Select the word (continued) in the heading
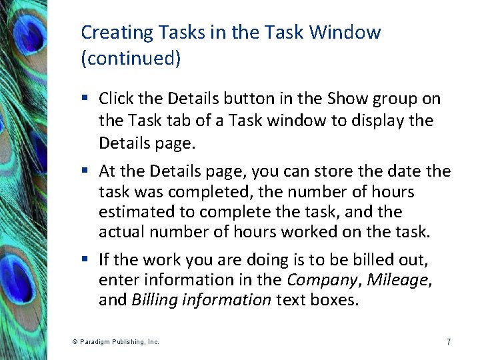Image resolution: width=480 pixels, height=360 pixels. pyautogui.click(x=131, y=59)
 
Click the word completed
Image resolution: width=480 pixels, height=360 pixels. pyautogui.click(x=200, y=193)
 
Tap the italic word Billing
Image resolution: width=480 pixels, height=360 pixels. pyautogui.click(x=151, y=300)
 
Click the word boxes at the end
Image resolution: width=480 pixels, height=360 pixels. pyautogui.click(x=335, y=300)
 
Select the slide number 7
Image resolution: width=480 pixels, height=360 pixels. pyautogui.click(x=449, y=342)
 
